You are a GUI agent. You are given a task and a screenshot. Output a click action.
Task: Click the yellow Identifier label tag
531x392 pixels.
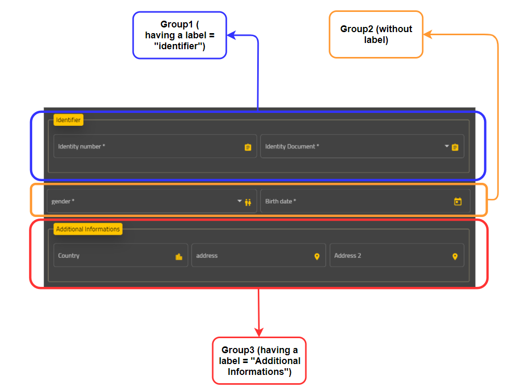[x=68, y=120]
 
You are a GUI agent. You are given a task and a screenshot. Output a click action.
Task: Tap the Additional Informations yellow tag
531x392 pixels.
[x=88, y=229]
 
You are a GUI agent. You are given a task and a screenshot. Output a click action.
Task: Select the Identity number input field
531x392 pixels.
[x=155, y=147]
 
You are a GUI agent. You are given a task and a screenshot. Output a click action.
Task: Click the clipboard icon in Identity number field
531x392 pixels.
[x=248, y=147]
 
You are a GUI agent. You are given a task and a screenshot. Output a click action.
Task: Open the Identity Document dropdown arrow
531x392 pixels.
[x=447, y=146]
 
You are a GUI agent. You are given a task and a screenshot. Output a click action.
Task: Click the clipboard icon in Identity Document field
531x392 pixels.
[x=455, y=147]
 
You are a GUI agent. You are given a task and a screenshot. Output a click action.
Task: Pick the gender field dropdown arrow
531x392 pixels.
[x=240, y=201]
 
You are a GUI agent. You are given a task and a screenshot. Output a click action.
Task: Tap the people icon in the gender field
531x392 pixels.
[x=248, y=202]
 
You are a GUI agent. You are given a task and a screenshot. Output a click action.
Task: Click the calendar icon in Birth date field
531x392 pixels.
[x=458, y=201]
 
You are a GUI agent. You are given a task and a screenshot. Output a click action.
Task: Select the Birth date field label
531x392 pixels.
[x=281, y=201]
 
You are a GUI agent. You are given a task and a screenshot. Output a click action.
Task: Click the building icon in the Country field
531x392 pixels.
[x=179, y=257]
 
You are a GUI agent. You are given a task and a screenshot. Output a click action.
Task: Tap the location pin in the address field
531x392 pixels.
[x=317, y=257]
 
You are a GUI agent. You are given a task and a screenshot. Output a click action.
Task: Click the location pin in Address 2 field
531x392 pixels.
[x=455, y=257]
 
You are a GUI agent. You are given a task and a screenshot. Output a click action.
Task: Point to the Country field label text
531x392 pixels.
[x=69, y=256]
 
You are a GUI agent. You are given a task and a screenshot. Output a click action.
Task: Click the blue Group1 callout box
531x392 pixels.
[x=180, y=35]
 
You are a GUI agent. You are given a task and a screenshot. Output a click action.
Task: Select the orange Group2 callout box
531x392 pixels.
[x=376, y=35]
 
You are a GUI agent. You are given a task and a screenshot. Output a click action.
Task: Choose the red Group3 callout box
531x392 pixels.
[x=259, y=361]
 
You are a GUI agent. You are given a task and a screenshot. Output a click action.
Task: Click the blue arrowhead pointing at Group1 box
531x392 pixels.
[x=232, y=35]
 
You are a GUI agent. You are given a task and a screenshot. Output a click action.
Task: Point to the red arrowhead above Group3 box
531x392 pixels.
[x=259, y=332]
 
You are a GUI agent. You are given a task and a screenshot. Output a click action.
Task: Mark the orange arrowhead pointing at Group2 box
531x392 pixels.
[x=428, y=34]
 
